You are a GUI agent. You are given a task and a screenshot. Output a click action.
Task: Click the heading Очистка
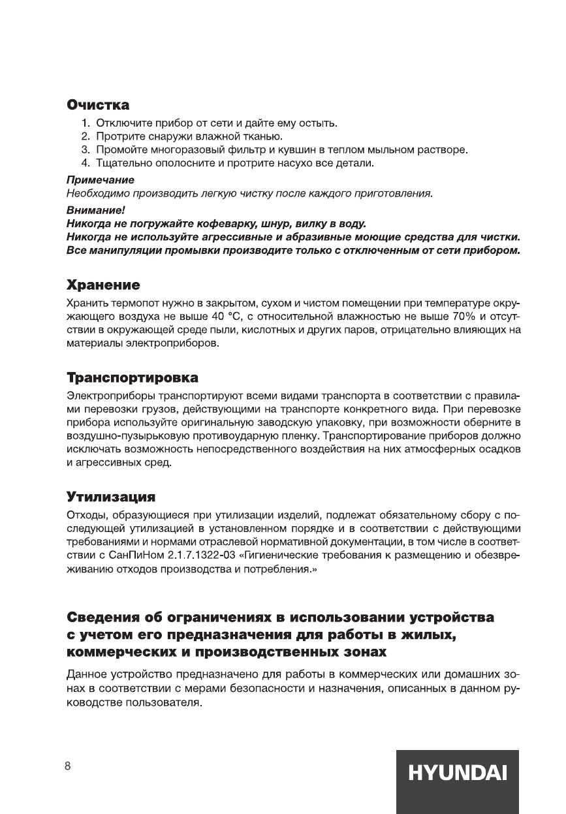click(98, 105)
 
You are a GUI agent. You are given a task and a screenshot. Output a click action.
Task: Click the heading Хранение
click(103, 285)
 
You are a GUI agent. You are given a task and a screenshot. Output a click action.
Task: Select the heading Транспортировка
click(133, 378)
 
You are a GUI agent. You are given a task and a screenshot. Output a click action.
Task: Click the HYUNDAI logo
click(457, 774)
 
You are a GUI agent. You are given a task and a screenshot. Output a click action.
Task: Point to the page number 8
click(67, 766)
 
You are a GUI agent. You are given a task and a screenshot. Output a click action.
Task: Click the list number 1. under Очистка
click(86, 123)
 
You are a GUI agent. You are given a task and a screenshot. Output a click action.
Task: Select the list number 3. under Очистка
click(86, 149)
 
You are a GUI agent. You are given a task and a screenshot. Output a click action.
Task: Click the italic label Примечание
click(100, 180)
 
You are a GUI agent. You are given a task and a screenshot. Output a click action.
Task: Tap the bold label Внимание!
click(95, 210)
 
